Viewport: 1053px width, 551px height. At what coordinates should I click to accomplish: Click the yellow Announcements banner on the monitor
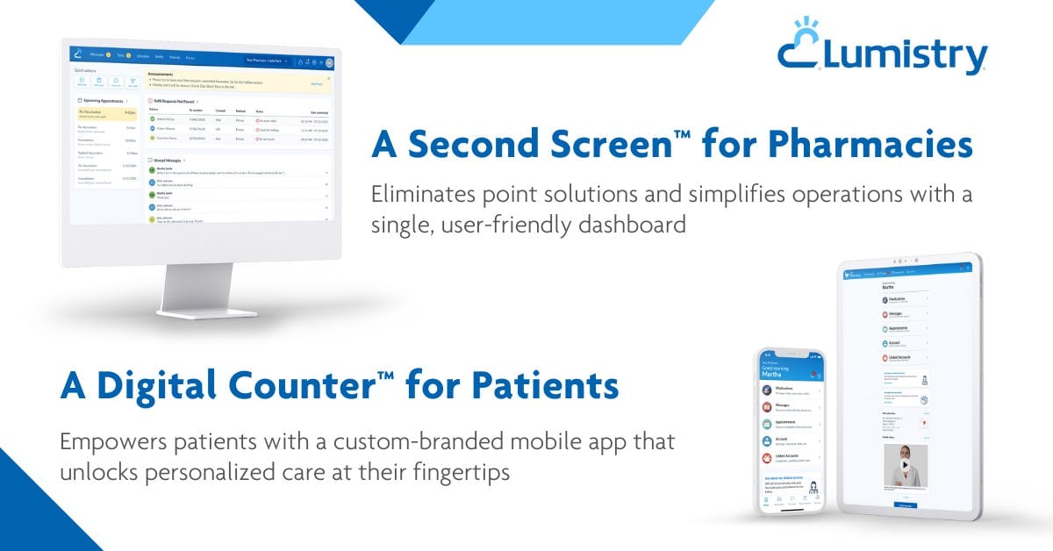[x=237, y=82]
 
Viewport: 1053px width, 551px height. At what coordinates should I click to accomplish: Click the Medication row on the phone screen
[x=790, y=389]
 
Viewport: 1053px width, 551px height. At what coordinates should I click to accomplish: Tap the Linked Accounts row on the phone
[x=790, y=457]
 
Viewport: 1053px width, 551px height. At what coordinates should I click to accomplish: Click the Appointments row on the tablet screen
[x=904, y=328]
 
